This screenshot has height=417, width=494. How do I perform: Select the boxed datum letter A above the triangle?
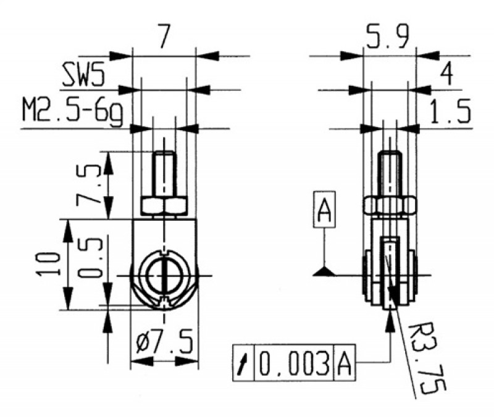pos(324,211)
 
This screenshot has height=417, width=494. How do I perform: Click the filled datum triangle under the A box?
pos(324,271)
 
